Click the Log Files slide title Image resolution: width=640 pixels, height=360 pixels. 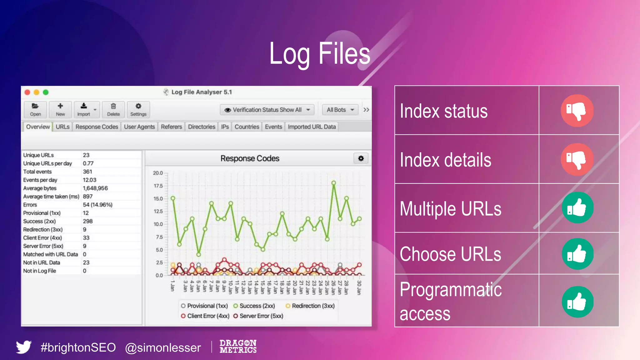pyautogui.click(x=320, y=54)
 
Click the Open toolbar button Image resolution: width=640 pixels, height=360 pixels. pyautogui.click(x=35, y=109)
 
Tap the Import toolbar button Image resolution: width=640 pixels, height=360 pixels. pyautogui.click(x=84, y=109)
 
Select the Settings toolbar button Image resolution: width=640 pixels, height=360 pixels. pyautogui.click(x=138, y=109)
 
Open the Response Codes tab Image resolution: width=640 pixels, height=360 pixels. pyautogui.click(x=97, y=127)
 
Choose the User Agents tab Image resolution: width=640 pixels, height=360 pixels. pyautogui.click(x=139, y=127)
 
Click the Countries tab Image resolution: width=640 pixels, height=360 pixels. pyautogui.click(x=247, y=127)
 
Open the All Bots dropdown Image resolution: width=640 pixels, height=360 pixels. pyautogui.click(x=340, y=110)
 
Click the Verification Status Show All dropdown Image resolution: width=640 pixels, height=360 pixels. pyautogui.click(x=267, y=110)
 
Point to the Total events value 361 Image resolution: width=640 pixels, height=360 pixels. pyautogui.click(x=87, y=172)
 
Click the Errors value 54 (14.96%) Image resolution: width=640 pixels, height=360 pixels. pyautogui.click(x=97, y=205)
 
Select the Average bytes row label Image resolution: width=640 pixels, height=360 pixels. pyautogui.click(x=40, y=188)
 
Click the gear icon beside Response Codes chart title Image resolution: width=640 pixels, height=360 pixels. pyautogui.click(x=361, y=158)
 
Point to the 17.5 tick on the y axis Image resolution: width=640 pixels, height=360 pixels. pyautogui.click(x=158, y=186)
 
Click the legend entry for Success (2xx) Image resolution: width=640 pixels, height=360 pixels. pyautogui.click(x=254, y=306)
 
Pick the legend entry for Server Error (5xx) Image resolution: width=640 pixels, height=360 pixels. pyautogui.click(x=258, y=316)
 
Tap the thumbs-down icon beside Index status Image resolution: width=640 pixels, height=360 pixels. pyautogui.click(x=577, y=111)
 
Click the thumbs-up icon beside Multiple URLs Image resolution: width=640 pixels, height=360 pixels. pyautogui.click(x=577, y=208)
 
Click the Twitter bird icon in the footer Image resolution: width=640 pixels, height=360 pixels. pyautogui.click(x=24, y=347)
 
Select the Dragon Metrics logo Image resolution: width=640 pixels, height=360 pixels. pyautogui.click(x=238, y=347)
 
